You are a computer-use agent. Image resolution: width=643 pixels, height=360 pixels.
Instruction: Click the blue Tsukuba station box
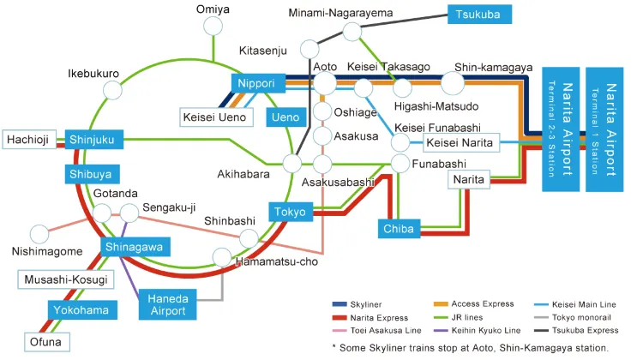click(478, 15)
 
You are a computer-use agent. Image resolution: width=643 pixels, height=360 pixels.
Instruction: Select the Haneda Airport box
click(168, 303)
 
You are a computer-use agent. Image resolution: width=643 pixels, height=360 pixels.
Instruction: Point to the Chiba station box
click(399, 229)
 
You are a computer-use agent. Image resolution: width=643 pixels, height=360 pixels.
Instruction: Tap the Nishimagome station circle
click(39, 233)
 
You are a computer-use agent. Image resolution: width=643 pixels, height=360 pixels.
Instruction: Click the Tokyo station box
click(291, 212)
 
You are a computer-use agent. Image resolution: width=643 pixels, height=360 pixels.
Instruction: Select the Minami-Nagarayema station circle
click(352, 32)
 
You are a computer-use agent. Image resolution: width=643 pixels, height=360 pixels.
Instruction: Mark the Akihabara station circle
click(291, 163)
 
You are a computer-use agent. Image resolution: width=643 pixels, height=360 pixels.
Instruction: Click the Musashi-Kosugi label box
click(65, 280)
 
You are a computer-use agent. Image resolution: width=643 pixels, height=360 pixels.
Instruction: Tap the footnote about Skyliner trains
click(470, 347)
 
